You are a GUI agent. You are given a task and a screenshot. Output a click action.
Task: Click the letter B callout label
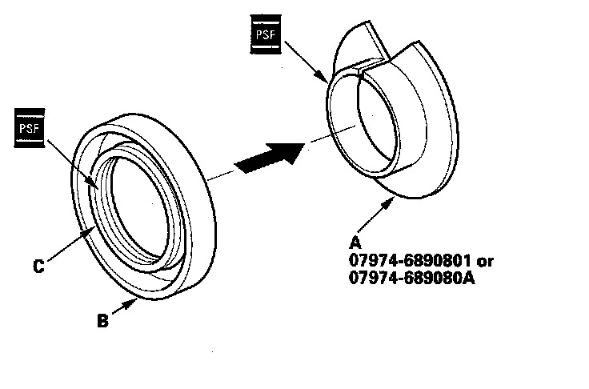point(102,322)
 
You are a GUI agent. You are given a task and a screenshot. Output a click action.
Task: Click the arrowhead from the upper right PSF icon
point(327,82)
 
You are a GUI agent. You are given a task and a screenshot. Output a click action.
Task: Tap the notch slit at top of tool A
point(364,74)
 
